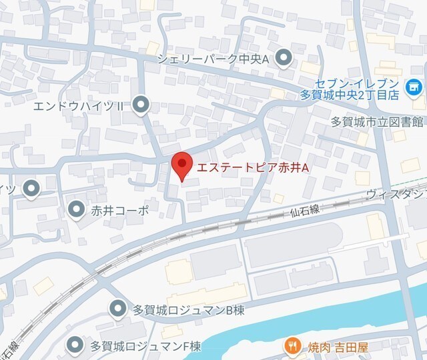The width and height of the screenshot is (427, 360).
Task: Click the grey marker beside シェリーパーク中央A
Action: point(284,59)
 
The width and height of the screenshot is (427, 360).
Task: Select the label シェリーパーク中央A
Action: point(213,59)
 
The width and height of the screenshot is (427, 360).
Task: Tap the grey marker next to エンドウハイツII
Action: point(140,105)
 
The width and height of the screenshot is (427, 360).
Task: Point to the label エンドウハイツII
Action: point(83,105)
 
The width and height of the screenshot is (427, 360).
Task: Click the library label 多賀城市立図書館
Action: point(378,122)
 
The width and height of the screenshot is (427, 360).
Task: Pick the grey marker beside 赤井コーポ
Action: point(76,210)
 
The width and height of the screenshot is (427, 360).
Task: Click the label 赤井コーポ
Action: point(120,210)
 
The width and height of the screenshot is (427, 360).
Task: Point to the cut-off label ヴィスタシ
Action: point(396,194)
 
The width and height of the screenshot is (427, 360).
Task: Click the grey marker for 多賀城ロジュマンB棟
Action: point(117,309)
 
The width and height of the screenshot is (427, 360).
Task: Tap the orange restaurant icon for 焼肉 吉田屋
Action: point(291,345)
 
